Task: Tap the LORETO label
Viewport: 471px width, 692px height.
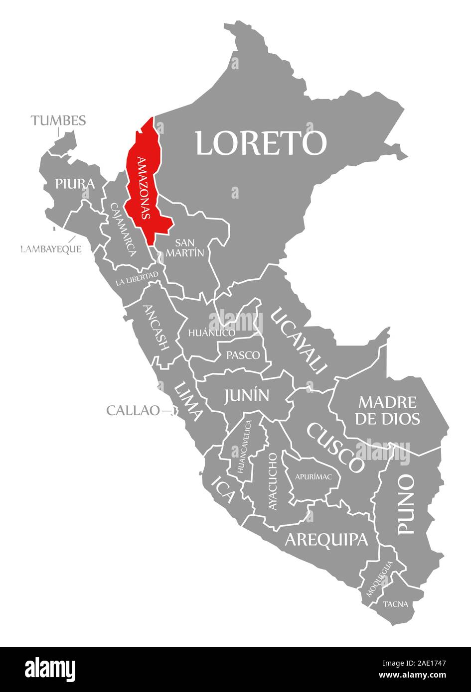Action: pos(260,143)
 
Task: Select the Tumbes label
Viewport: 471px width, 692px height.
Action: pos(58,120)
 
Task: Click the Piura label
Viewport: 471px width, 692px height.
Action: pos(75,184)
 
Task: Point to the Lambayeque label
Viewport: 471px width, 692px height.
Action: pos(51,249)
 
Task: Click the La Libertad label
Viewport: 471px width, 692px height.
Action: pos(137,278)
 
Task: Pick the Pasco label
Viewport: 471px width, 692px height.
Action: pos(243,355)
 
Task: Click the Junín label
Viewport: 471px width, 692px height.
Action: pos(246,395)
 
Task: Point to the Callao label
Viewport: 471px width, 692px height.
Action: pos(133,411)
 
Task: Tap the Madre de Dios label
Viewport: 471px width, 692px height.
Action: pos(387,410)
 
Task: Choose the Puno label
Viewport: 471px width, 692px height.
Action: pos(406,505)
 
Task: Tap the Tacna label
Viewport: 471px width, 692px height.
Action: pos(396,604)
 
